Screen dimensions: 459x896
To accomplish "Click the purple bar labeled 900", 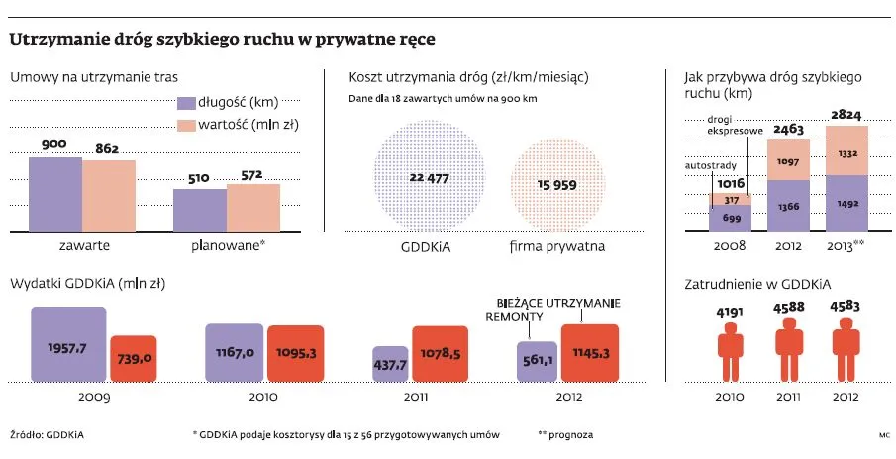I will [x=54, y=194].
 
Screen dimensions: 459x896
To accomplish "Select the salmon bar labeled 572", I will [x=253, y=207].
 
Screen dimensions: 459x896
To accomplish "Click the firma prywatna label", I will [x=557, y=246].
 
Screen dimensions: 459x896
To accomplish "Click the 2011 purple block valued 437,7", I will [x=389, y=363].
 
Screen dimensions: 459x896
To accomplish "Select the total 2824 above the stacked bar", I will [x=846, y=116].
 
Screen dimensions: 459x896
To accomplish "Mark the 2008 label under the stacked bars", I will [x=730, y=246].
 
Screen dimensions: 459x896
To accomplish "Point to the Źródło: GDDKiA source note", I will [x=41, y=435].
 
